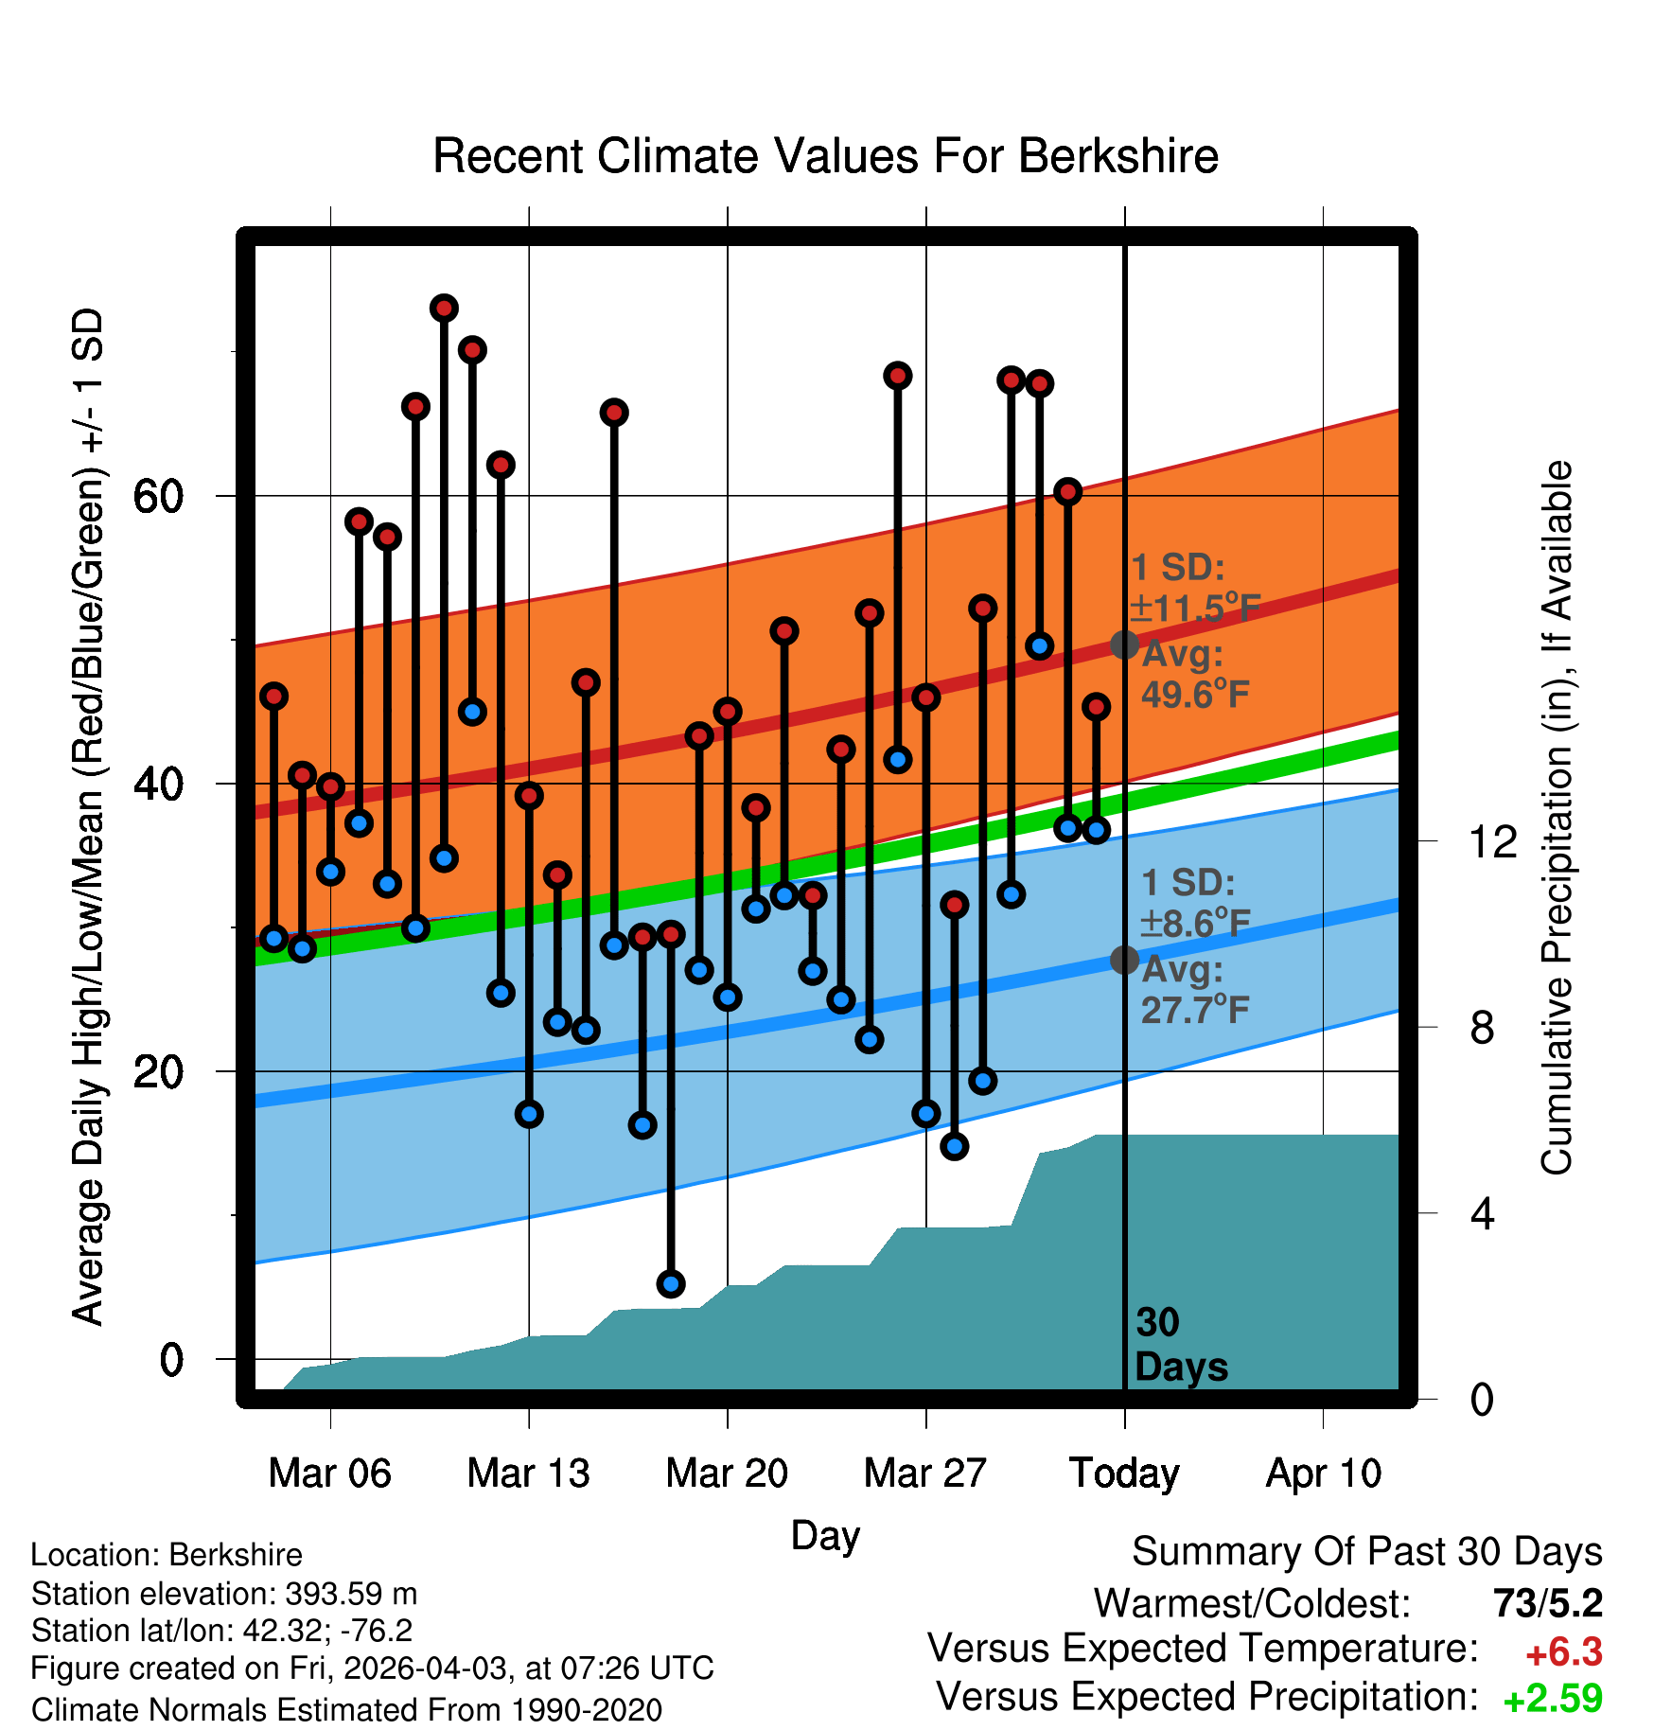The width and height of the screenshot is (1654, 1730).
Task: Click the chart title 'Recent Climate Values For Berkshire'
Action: [x=825, y=156]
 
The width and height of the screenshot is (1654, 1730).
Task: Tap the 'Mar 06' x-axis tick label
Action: [x=329, y=1474]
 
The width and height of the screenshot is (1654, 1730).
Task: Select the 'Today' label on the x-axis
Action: [x=1124, y=1474]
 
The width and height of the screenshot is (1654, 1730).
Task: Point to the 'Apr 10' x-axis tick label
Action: [x=1324, y=1474]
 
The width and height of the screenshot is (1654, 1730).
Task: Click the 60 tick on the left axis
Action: [x=158, y=495]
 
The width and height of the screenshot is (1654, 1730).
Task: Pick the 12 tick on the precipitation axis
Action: [x=1493, y=841]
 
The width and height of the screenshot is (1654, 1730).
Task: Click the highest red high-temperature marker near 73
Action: [x=444, y=308]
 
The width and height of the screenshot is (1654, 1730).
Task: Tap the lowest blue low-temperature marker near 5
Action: [x=671, y=1284]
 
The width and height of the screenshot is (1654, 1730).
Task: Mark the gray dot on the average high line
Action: [x=1124, y=644]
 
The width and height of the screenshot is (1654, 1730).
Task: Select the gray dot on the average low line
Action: [x=1124, y=960]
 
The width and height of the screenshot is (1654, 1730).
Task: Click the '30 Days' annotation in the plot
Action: [x=1181, y=1345]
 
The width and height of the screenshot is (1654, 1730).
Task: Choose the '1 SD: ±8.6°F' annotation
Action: [x=1195, y=903]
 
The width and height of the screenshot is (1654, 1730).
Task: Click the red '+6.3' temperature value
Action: [x=1564, y=1652]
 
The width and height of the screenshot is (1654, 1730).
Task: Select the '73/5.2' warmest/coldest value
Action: [x=1548, y=1603]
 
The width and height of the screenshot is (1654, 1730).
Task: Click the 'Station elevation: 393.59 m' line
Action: [x=224, y=1594]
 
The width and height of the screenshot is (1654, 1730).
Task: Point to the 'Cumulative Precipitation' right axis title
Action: [x=1557, y=819]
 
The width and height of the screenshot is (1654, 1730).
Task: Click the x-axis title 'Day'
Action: [x=825, y=1535]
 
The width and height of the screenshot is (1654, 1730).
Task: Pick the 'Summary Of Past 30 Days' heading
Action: [x=1367, y=1552]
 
